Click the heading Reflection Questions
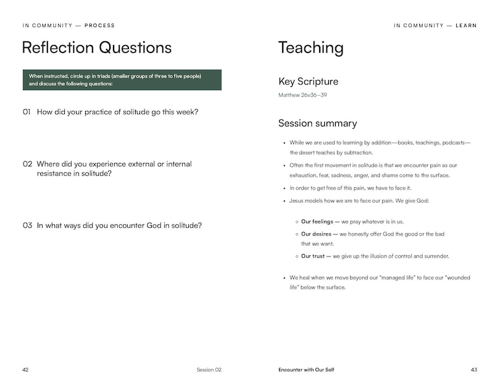[97, 48]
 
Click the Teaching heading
[310, 48]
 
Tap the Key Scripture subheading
[308, 81]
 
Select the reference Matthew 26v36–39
[304, 96]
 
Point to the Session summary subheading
[317, 123]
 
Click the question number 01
[27, 112]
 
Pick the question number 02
[27, 164]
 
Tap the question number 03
[27, 226]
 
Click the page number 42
[25, 370]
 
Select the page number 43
[473, 370]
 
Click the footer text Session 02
[209, 370]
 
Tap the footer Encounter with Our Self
[306, 370]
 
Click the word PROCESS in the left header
[99, 26]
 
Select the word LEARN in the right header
[466, 26]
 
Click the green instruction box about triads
[122, 80]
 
